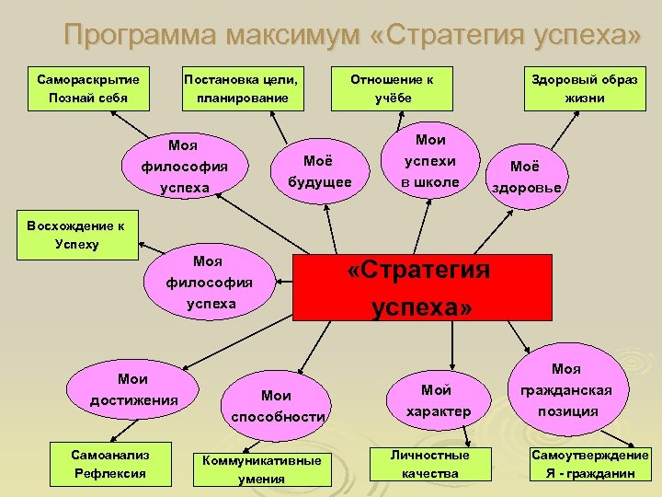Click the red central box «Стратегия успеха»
(422, 287)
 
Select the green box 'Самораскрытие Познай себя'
(88, 88)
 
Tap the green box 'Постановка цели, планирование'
(243, 88)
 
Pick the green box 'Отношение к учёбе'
(392, 88)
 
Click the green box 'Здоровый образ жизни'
(585, 88)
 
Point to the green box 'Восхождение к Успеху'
(77, 235)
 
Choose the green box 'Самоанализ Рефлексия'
(110, 465)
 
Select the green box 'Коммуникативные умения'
(262, 470)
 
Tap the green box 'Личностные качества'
(430, 465)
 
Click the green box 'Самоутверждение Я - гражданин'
(590, 465)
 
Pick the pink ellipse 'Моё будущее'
(320, 171)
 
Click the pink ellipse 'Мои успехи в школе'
(430, 160)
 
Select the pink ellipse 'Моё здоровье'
(527, 177)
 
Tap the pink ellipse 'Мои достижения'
(132, 389)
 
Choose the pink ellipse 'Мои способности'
(276, 406)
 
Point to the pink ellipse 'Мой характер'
(439, 400)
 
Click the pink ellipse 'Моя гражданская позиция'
(568, 389)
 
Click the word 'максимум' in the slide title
(292, 35)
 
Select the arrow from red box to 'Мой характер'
(452, 346)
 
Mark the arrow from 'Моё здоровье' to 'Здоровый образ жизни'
(565, 130)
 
